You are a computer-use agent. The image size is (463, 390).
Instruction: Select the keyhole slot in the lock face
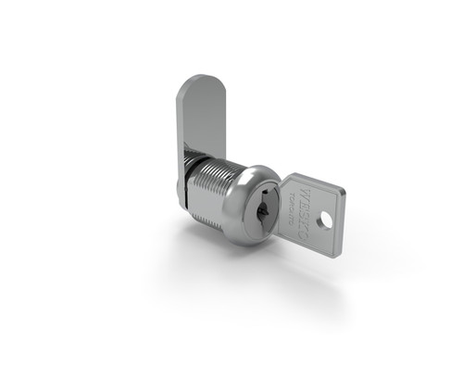[x=263, y=209]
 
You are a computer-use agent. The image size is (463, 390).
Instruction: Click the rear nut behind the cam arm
[x=181, y=190]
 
